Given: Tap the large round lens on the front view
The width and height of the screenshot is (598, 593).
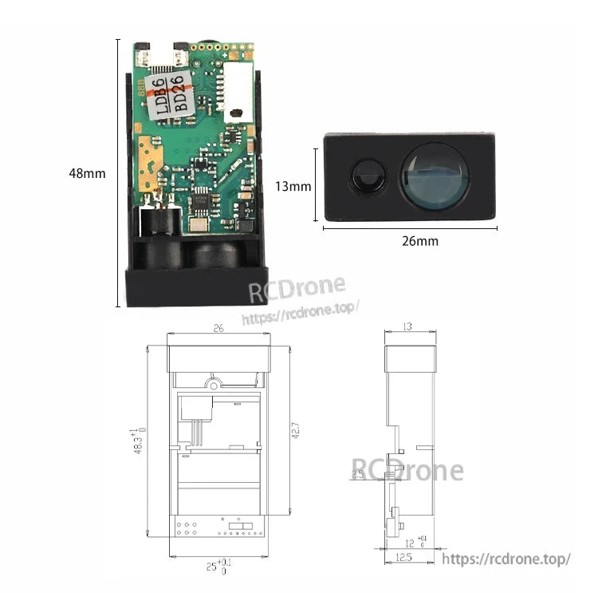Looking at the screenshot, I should pyautogui.click(x=434, y=177).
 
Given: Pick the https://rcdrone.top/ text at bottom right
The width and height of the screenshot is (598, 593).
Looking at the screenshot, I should pyautogui.click(x=506, y=559).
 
